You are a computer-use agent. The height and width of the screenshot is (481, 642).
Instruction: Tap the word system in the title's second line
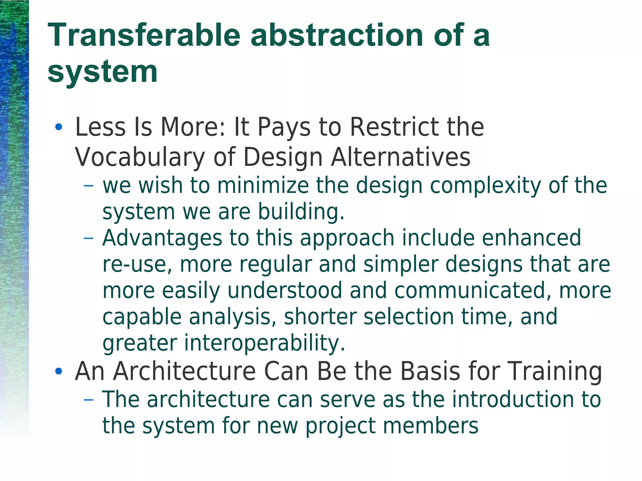click(103, 73)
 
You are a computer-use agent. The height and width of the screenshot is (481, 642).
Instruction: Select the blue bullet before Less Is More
click(58, 128)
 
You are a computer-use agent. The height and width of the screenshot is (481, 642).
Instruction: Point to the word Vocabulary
click(140, 157)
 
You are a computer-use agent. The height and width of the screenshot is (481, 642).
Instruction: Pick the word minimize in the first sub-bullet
click(263, 186)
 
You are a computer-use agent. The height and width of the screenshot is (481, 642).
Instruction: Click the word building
click(301, 212)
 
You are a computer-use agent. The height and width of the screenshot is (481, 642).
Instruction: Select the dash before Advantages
click(89, 238)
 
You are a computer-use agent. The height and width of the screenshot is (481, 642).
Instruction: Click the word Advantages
click(162, 238)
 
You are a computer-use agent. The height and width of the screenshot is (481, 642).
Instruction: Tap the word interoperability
click(265, 343)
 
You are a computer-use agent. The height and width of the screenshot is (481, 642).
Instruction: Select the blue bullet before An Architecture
click(58, 372)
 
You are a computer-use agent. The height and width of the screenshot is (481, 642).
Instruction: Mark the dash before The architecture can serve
click(89, 400)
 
